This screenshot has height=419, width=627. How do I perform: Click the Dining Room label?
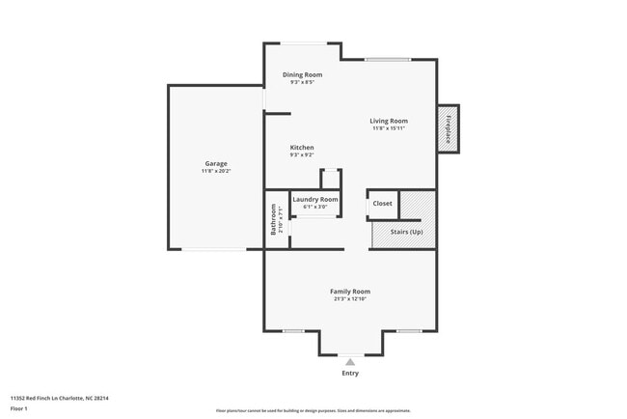(x=302, y=74)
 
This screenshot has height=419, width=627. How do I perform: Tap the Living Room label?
(x=389, y=121)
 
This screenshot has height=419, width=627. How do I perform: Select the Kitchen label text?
(x=302, y=148)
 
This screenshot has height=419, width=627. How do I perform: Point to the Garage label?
(x=216, y=164)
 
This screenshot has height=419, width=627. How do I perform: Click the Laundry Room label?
(x=315, y=199)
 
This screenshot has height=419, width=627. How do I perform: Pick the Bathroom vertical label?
(x=274, y=219)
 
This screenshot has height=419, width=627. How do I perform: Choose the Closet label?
(x=383, y=204)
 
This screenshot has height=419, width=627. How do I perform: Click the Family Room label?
(x=350, y=291)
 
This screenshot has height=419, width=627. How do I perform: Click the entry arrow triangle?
(x=350, y=362)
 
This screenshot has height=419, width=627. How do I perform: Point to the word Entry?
(x=350, y=373)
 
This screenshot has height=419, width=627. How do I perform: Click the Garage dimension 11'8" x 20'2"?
(x=216, y=171)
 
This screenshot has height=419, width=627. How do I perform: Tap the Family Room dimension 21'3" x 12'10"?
(x=350, y=298)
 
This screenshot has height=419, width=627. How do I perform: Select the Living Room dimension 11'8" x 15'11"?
(x=389, y=128)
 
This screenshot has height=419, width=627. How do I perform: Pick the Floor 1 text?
(x=19, y=408)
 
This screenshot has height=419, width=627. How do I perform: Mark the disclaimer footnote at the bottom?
(x=313, y=410)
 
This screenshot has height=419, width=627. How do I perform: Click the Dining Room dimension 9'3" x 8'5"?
(x=302, y=82)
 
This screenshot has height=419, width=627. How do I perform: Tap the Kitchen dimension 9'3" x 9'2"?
(x=302, y=155)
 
